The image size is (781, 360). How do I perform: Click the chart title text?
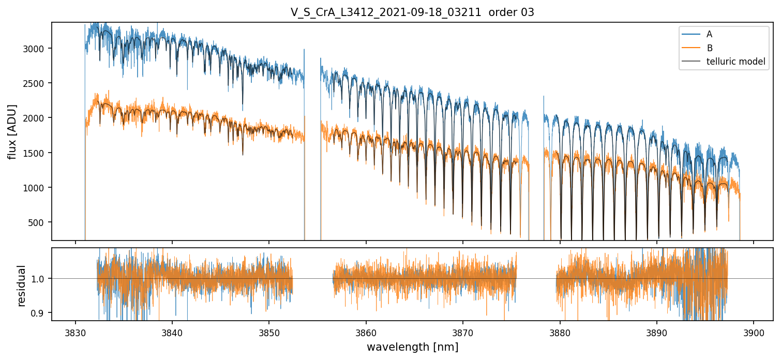pyautogui.click(x=412, y=12)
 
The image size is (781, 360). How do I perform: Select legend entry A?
pyautogui.click(x=709, y=34)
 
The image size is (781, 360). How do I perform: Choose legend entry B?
pyautogui.click(x=709, y=48)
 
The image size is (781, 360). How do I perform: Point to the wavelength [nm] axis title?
pyautogui.click(x=412, y=347)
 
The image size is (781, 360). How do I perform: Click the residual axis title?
pyautogui.click(x=22, y=286)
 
